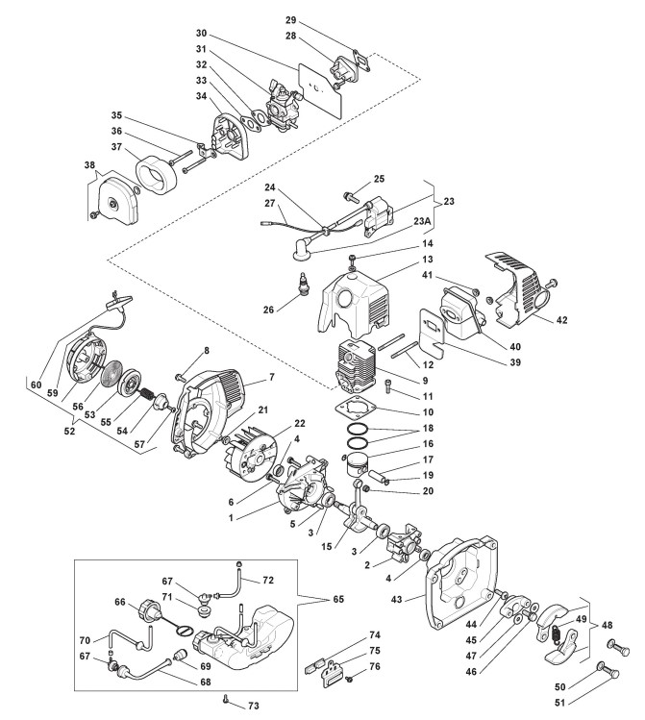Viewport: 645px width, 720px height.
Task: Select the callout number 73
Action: (x=256, y=706)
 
